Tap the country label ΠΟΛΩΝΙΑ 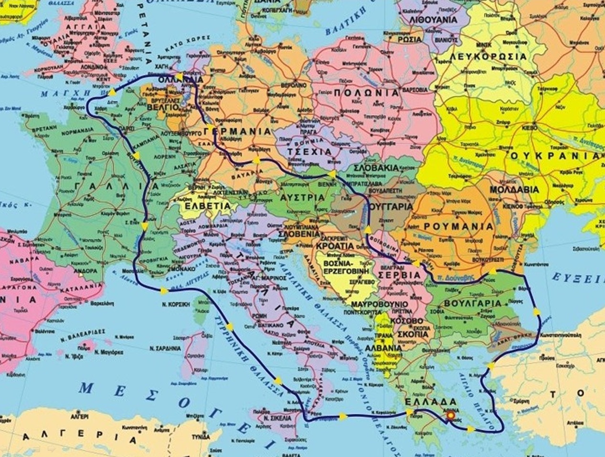tap(366, 93)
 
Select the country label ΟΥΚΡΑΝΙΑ tap(557, 156)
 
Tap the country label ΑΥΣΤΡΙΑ tap(302, 197)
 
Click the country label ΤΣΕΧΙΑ tap(310, 151)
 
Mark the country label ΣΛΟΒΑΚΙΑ tap(377, 168)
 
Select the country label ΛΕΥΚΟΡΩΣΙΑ tap(488, 57)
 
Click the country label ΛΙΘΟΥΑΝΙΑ tap(434, 20)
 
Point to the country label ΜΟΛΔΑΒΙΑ tap(514, 190)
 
